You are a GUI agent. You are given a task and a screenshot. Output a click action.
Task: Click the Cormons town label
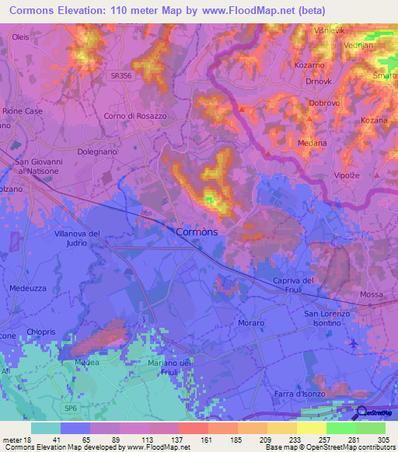pyautogui.click(x=197, y=231)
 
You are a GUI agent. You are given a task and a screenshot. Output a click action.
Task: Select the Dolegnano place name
pyautogui.click(x=99, y=152)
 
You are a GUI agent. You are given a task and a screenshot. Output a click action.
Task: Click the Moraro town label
pyautogui.click(x=252, y=322)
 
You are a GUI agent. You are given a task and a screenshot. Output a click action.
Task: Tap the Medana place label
pyautogui.click(x=313, y=143)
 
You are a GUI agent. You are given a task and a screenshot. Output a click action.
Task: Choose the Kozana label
pyautogui.click(x=374, y=120)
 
